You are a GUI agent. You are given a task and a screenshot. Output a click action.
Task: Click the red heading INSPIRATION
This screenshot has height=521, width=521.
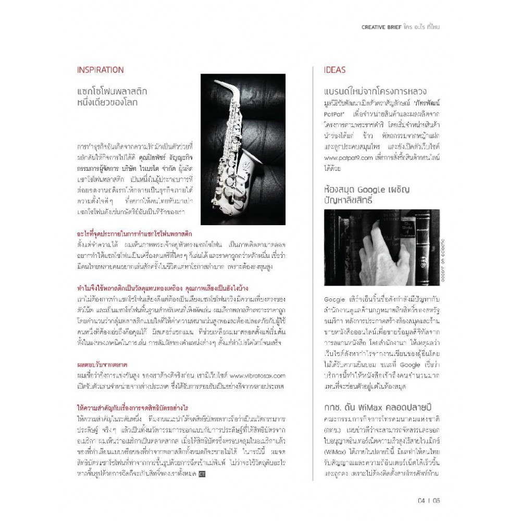click(100, 70)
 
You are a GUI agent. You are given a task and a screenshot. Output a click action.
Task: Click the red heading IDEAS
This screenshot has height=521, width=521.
click(334, 70)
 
